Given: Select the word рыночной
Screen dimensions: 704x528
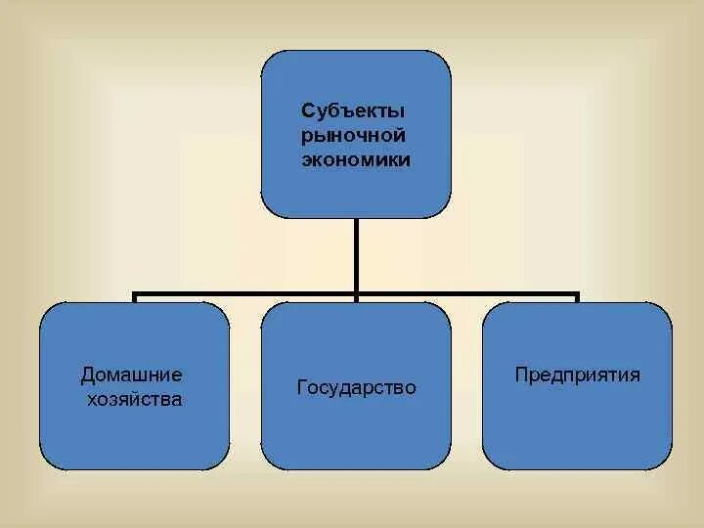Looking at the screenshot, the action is click(x=354, y=134).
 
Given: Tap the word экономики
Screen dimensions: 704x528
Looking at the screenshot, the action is click(x=356, y=159).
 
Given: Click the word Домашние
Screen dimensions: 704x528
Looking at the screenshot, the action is click(x=132, y=374).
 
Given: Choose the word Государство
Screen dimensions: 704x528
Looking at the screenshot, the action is click(x=356, y=388).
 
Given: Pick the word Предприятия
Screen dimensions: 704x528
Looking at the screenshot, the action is click(x=578, y=374).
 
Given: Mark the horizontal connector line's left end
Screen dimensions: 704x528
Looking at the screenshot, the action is click(x=135, y=293).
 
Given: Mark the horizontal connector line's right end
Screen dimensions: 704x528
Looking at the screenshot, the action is click(x=578, y=293).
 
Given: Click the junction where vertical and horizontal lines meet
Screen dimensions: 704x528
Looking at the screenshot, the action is click(x=356, y=293).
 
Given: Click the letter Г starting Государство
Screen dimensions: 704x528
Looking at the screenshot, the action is click(x=301, y=388).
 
